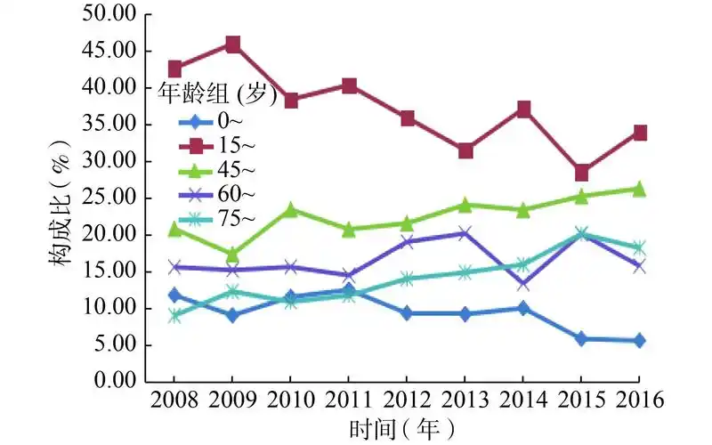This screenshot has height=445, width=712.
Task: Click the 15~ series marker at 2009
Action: (x=232, y=44)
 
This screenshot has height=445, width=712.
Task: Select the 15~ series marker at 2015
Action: (x=581, y=173)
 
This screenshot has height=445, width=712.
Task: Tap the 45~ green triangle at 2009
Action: (x=232, y=255)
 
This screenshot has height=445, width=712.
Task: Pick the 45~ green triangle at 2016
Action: (x=639, y=189)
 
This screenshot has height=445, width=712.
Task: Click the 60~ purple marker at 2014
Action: (x=523, y=284)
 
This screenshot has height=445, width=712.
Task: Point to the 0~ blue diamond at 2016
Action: (x=639, y=340)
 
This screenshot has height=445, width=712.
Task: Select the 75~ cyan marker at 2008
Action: (x=174, y=315)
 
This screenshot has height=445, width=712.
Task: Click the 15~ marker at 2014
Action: (x=523, y=109)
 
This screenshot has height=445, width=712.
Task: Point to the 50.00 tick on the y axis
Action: (x=108, y=14)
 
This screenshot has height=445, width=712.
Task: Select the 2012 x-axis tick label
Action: (x=407, y=400)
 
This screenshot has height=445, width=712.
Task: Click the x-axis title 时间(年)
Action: (x=407, y=429)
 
